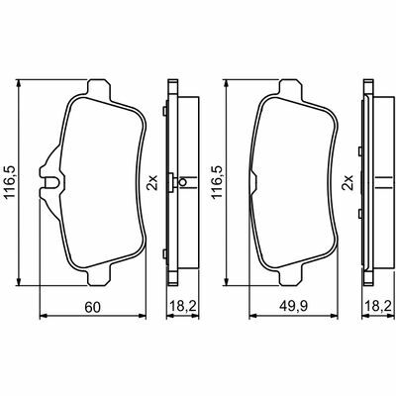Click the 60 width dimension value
[92, 307]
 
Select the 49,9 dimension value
[293, 307]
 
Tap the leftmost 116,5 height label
[11, 182]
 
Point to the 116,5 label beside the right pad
[217, 182]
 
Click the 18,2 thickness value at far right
[379, 307]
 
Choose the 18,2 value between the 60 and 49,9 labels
[183, 307]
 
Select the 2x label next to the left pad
[152, 182]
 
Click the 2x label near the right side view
[347, 182]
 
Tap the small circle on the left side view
[182, 181]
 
